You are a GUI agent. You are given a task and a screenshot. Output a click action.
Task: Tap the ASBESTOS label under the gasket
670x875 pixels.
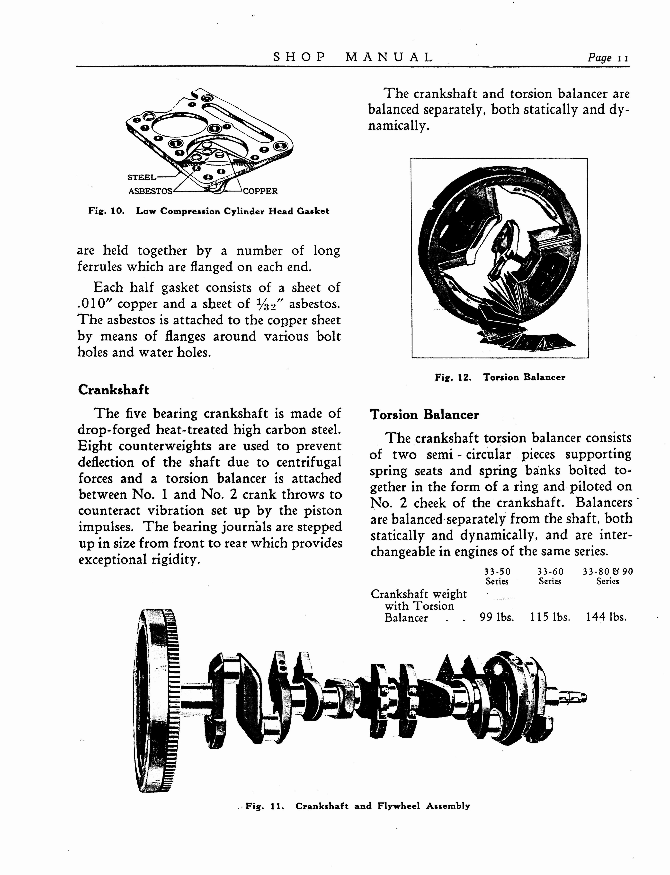click(x=150, y=191)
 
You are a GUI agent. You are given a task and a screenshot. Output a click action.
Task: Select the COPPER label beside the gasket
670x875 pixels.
click(x=260, y=191)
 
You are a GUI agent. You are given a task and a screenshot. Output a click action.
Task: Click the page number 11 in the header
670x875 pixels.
click(x=623, y=58)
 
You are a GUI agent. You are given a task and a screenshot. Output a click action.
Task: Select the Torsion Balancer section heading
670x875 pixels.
click(x=424, y=415)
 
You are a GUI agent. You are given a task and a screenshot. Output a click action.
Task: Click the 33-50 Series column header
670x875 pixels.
click(x=497, y=577)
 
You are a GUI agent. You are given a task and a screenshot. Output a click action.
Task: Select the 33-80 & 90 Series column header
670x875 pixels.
click(x=608, y=577)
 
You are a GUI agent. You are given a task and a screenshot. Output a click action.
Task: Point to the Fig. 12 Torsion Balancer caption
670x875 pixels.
click(x=500, y=377)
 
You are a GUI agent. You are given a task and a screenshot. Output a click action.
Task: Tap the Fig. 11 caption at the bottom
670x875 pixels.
click(x=358, y=806)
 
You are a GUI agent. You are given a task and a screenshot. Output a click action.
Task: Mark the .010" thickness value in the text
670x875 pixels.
click(x=95, y=304)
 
